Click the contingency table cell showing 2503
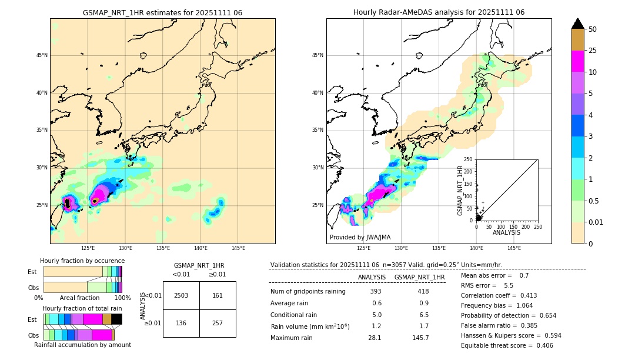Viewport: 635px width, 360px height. point(181,295)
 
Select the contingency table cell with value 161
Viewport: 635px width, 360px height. point(218,295)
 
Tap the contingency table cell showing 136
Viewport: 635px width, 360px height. point(181,323)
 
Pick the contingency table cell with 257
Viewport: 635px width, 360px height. point(218,323)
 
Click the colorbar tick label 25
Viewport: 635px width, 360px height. point(593,51)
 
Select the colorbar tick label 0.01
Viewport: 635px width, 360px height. point(596,222)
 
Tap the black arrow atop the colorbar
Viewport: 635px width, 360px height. point(578,24)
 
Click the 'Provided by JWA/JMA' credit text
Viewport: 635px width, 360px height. point(360,238)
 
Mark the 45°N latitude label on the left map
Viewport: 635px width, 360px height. point(42,56)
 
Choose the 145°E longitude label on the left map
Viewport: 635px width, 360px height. point(238,248)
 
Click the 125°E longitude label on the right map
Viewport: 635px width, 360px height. point(364,248)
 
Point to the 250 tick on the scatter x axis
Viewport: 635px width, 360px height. point(537,226)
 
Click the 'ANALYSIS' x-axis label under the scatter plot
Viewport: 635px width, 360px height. point(506,232)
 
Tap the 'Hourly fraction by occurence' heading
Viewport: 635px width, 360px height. point(82,261)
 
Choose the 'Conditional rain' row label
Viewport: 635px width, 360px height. point(294,315)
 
